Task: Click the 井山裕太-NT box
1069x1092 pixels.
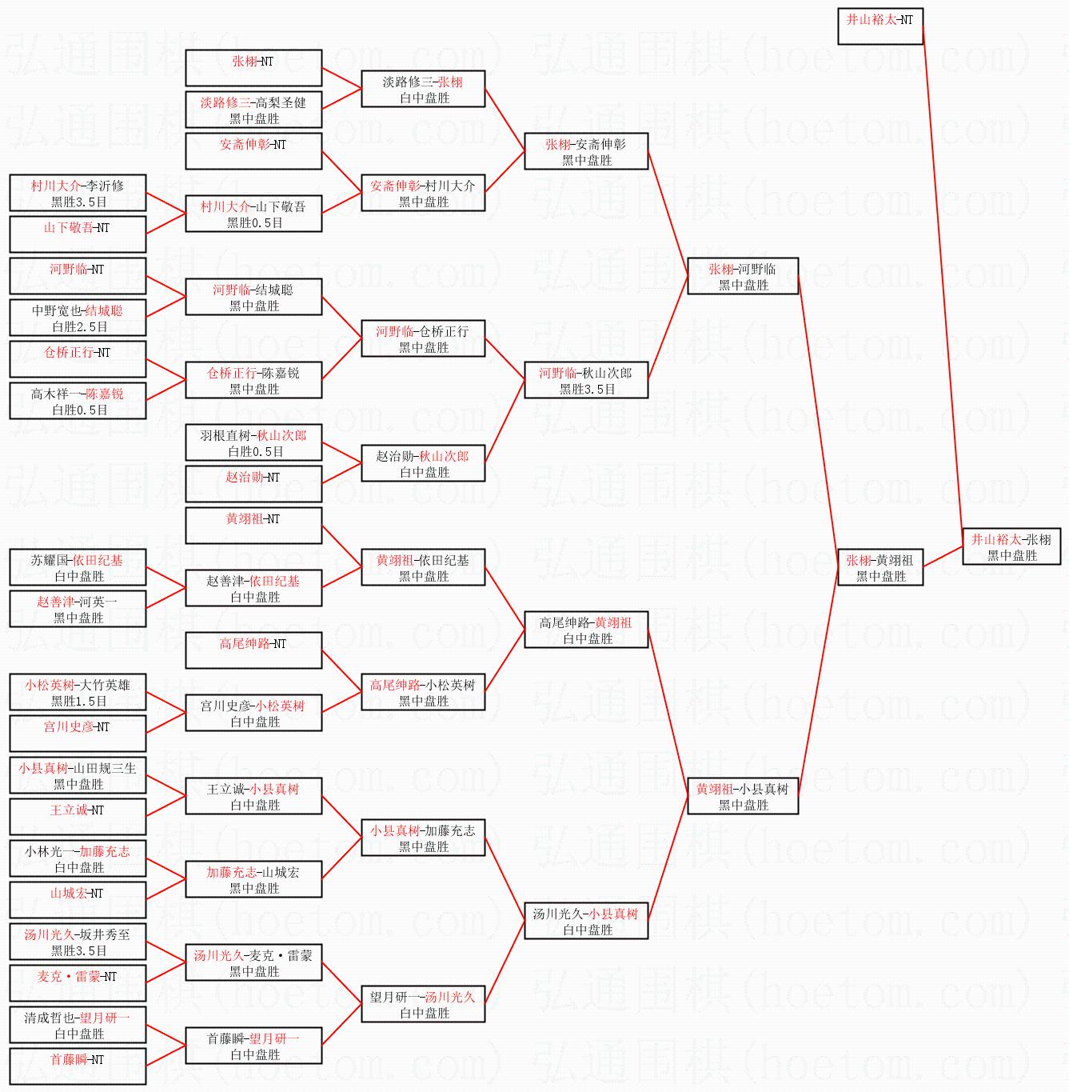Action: [x=880, y=26]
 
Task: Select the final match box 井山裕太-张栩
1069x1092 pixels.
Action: [x=1011, y=547]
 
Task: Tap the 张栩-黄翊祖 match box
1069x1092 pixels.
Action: [x=880, y=568]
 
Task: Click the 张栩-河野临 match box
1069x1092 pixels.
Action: [x=743, y=277]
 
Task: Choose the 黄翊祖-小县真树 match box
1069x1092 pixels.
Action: [x=743, y=797]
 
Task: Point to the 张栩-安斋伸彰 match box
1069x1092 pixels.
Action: [x=586, y=152]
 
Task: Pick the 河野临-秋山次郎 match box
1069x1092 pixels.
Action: [x=586, y=381]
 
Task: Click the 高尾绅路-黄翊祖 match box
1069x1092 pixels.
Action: [x=586, y=630]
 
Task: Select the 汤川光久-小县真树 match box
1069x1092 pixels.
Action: [x=586, y=922]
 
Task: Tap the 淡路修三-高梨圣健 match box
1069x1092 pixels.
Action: [x=253, y=110]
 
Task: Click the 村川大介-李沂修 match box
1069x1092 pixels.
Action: [x=78, y=194]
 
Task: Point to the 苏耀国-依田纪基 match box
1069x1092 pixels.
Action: [x=78, y=568]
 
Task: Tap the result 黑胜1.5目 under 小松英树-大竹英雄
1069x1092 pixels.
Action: [x=78, y=702]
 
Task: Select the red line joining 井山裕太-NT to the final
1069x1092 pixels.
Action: [x=943, y=280]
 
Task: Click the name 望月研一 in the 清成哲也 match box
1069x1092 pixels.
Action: [x=105, y=1018]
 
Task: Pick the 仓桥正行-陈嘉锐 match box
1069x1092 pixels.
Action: [x=253, y=381]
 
